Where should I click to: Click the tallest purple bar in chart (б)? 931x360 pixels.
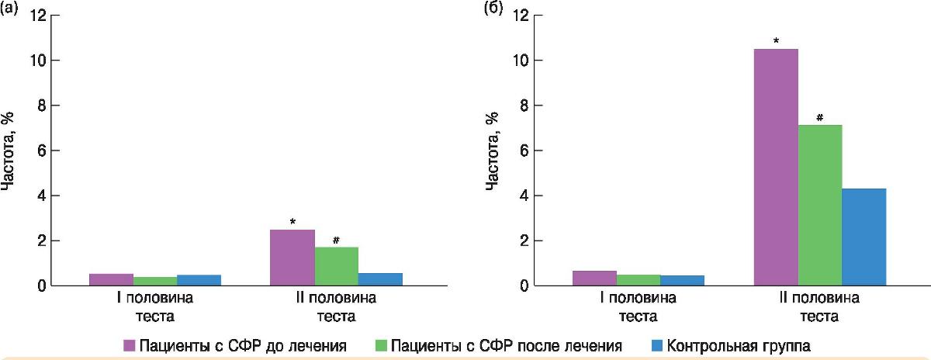click(x=776, y=167)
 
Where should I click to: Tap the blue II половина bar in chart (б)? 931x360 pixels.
click(x=864, y=237)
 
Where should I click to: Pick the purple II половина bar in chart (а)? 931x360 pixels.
click(x=292, y=258)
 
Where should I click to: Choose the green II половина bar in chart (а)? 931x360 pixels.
click(x=336, y=266)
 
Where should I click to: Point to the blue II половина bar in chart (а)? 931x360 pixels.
click(x=380, y=279)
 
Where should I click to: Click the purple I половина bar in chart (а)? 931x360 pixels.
click(x=111, y=280)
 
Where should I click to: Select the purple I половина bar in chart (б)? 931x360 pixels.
click(x=594, y=279)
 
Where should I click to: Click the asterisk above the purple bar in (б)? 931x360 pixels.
click(x=776, y=40)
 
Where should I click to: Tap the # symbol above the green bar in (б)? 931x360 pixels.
click(x=819, y=117)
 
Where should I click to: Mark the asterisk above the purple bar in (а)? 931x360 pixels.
click(x=292, y=222)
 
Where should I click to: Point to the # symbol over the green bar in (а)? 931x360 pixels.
click(x=336, y=240)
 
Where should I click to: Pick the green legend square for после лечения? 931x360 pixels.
click(x=382, y=343)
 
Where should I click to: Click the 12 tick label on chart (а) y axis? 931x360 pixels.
click(x=39, y=16)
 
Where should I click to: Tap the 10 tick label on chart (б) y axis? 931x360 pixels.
click(x=523, y=61)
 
